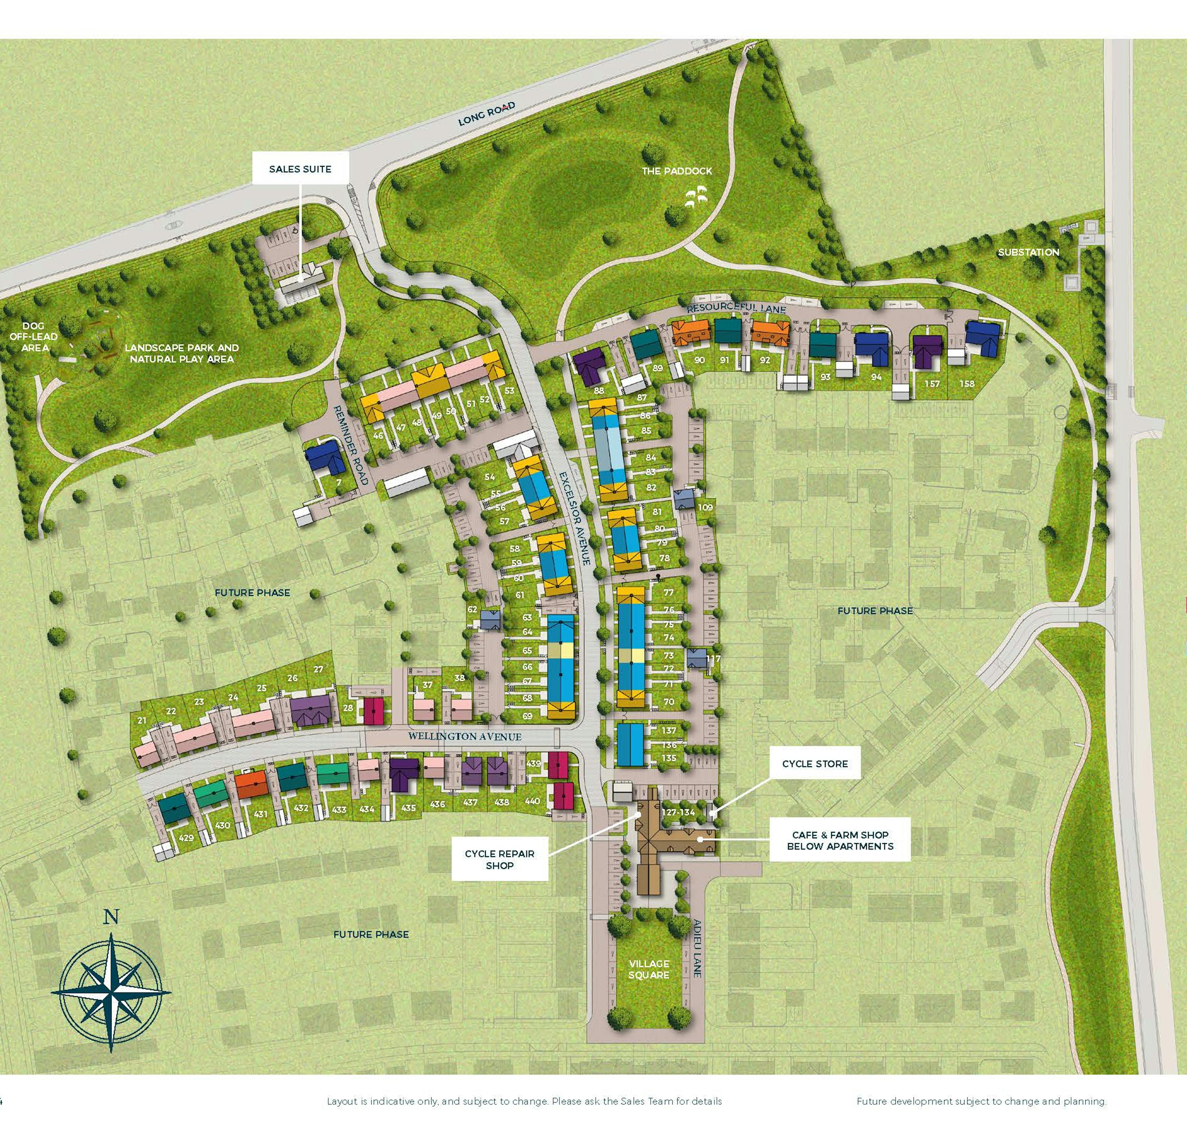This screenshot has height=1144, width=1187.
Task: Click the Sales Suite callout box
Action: click(x=300, y=169)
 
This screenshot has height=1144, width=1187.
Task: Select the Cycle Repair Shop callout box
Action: click(x=500, y=859)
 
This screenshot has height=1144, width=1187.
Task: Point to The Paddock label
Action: click(x=677, y=171)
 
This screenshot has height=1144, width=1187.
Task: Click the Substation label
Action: click(x=1028, y=252)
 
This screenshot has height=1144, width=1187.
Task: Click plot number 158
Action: click(x=967, y=383)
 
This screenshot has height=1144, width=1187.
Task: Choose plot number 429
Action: click(x=186, y=838)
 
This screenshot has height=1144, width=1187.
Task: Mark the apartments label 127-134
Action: click(x=678, y=812)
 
